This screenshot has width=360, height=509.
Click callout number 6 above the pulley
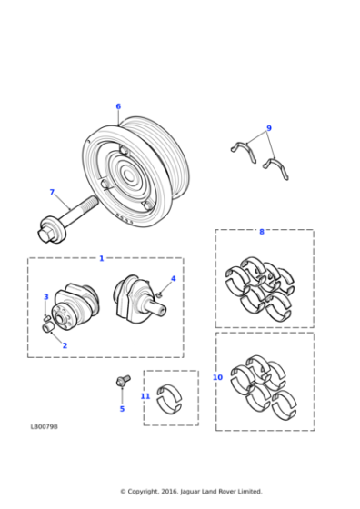118,106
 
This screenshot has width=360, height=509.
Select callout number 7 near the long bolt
52,192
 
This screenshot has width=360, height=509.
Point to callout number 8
262,232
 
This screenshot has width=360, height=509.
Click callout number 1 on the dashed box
101,258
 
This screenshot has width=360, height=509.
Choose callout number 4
173,279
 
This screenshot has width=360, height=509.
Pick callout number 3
46,297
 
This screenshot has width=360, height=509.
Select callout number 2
65,345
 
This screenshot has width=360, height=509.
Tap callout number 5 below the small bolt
122,409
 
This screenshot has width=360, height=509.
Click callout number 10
217,377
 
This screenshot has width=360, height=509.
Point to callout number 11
145,396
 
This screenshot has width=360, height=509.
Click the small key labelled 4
159,294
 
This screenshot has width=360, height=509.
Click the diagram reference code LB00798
44,426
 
